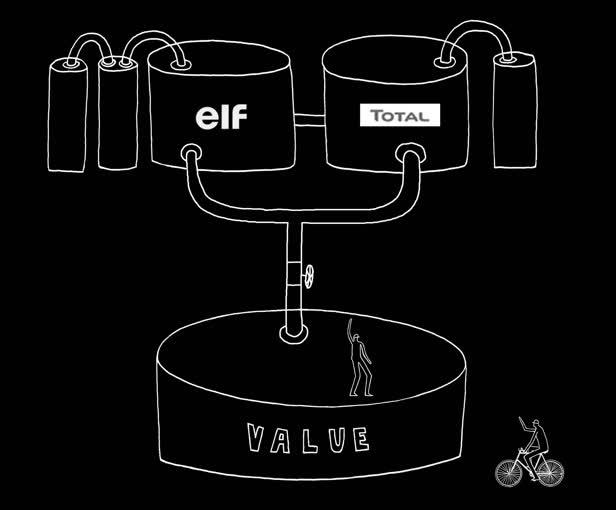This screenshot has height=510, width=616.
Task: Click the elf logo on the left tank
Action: pos(220,117)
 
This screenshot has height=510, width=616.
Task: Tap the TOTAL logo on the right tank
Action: pos(400,116)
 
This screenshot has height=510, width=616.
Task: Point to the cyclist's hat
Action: pos(535,423)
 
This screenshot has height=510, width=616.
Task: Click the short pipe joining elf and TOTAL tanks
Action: pos(308,121)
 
